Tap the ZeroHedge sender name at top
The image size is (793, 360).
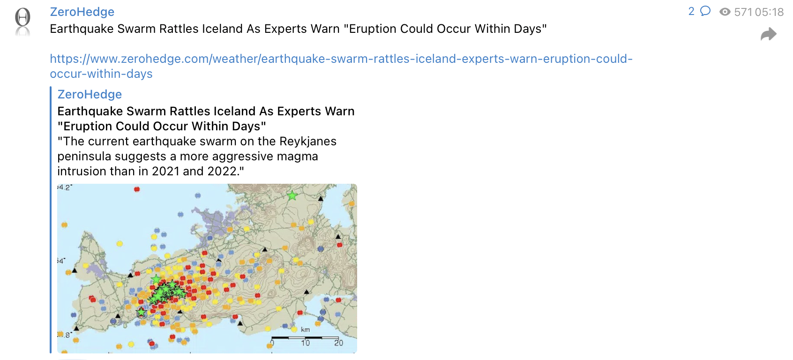click(82, 12)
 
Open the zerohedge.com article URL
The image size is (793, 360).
click(341, 66)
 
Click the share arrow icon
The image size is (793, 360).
click(769, 34)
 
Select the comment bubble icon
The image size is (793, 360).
click(705, 11)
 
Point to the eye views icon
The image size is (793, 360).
click(725, 12)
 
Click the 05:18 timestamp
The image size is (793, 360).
click(769, 12)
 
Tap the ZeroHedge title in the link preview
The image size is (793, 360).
click(90, 94)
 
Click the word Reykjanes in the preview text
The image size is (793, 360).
click(307, 141)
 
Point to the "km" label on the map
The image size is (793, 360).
click(305, 330)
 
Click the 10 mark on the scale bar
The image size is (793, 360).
click(305, 343)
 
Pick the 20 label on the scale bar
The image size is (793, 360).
click(338, 343)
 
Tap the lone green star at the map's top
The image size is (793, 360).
click(292, 195)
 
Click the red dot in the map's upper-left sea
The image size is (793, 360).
click(137, 189)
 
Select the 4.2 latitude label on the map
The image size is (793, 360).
click(65, 187)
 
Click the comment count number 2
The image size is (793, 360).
click(691, 11)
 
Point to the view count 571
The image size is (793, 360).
click(743, 12)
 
